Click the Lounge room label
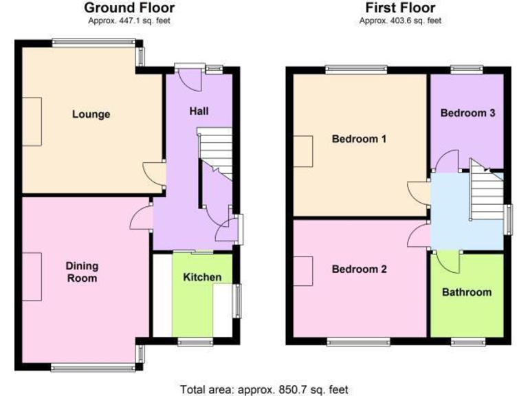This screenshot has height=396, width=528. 91,114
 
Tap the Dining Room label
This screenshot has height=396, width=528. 82,272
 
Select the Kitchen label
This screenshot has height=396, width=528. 202,277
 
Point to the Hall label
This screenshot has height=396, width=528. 199,111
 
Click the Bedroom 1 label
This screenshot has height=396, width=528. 359,139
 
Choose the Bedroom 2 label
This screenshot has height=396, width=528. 359,269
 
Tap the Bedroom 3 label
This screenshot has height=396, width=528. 468,113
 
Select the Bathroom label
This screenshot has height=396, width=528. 467,292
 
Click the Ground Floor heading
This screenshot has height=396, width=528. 129,8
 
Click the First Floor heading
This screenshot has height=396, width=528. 400,8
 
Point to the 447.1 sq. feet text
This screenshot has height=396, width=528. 129,21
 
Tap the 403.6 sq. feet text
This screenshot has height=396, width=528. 400,21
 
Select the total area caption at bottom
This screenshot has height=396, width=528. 264,389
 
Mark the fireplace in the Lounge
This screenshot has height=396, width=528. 32,121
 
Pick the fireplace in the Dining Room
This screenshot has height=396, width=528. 32,276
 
